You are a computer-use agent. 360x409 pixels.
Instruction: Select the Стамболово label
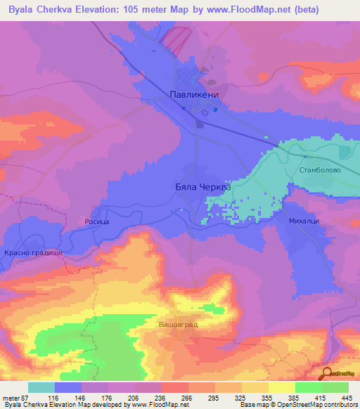(319, 171)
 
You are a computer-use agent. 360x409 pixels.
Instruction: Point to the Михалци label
(304, 221)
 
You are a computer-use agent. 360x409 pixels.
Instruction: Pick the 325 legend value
(240, 397)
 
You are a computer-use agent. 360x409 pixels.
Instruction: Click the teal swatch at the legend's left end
(41, 387)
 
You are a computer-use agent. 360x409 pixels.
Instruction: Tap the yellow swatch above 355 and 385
(268, 387)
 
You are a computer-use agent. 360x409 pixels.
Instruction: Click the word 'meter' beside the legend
(10, 397)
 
